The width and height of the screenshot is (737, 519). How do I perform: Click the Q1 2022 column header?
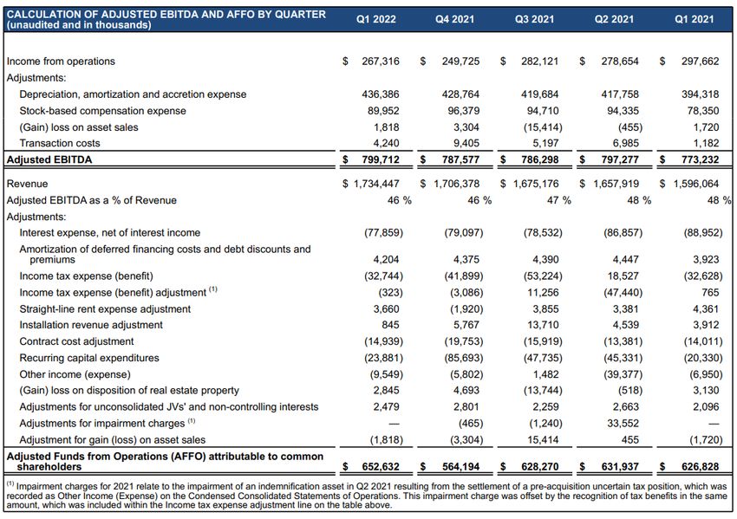(376, 19)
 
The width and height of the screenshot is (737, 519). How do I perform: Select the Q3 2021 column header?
(535, 19)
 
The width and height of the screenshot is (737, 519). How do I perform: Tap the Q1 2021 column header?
(694, 19)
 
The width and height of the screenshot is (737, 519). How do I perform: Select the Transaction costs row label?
(60, 144)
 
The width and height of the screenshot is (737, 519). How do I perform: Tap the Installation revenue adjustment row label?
(91, 325)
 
